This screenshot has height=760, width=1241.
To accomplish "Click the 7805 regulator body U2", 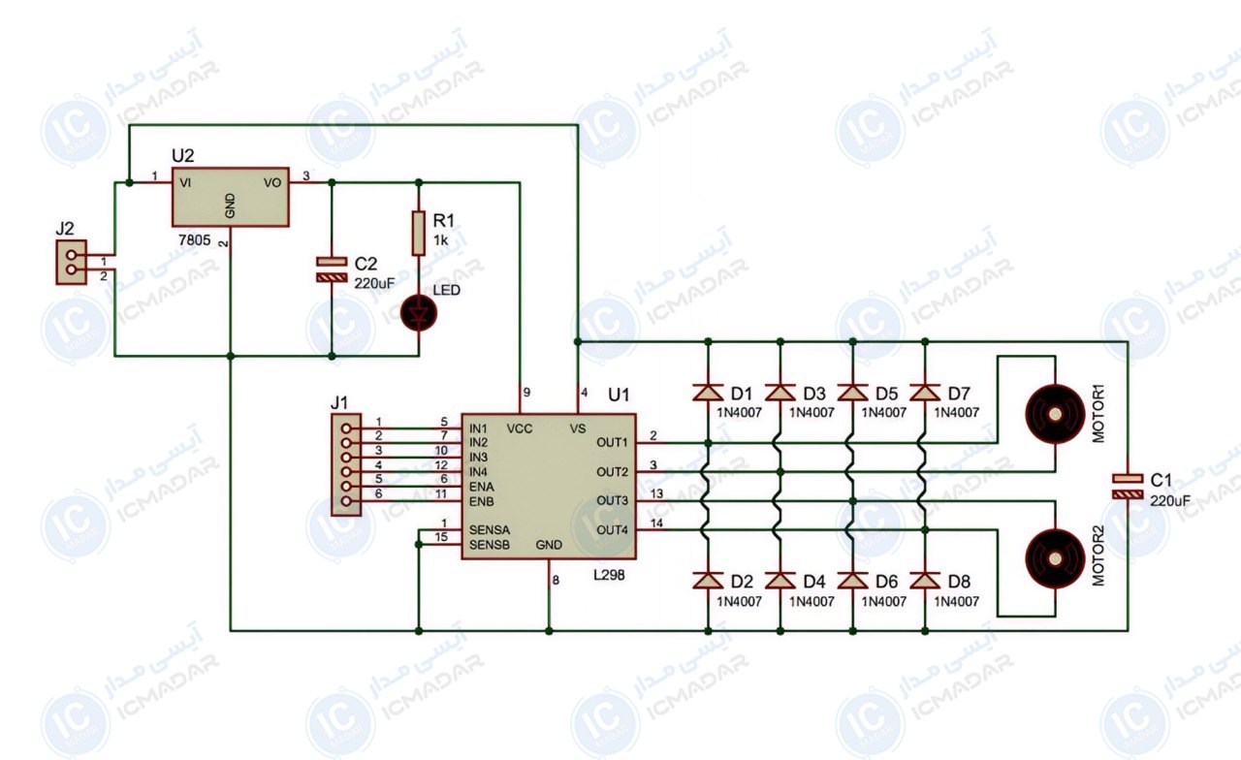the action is click(231, 197).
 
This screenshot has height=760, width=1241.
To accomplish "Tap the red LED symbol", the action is click(419, 313).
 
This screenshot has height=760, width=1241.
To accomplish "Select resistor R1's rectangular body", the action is click(419, 234).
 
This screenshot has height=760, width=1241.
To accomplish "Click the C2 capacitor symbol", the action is click(332, 269).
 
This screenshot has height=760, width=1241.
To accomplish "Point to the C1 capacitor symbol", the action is click(1128, 486).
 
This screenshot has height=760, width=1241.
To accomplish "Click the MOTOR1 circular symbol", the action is click(1055, 414).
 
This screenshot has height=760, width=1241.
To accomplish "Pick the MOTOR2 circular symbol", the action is click(1055, 559).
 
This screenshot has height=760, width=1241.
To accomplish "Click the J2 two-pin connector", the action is click(71, 262).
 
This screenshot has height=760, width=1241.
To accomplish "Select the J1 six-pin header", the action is click(346, 464).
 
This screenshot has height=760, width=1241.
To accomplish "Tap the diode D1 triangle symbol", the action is click(708, 393).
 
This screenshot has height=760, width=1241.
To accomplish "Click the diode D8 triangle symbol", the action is click(925, 581).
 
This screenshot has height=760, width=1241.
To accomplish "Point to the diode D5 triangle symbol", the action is click(852, 393).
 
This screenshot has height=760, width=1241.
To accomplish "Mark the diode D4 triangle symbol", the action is click(780, 581).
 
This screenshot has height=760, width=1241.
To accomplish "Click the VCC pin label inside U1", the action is click(519, 428).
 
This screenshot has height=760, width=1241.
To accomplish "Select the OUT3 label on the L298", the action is click(612, 501).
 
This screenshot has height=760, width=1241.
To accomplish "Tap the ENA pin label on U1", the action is click(482, 487).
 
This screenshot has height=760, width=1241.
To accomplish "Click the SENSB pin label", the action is click(490, 545).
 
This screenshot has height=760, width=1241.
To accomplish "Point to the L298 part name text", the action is click(609, 575).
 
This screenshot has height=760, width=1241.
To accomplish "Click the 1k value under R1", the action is click(441, 240).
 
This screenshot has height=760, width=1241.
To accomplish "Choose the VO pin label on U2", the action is click(272, 183).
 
